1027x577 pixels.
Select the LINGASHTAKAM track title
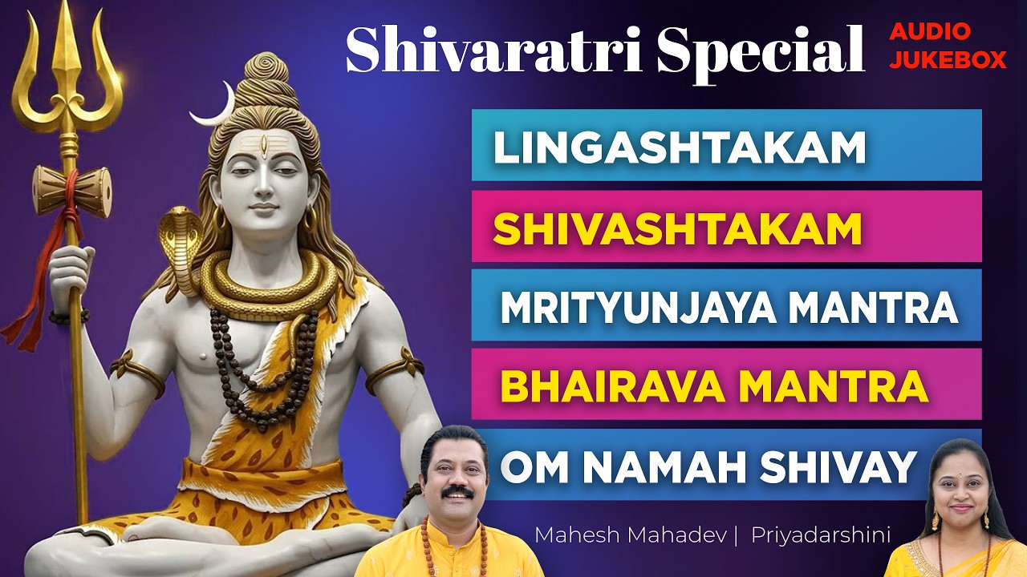pos(680,147)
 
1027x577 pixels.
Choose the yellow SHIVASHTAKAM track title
pos(677,228)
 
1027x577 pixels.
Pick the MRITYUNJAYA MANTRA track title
pos(729,308)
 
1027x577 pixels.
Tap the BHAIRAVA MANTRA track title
pos(714,386)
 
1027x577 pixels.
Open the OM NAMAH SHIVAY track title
pos(708,466)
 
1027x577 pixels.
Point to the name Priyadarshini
pos(820,535)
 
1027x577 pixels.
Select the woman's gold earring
pos(936,521)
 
